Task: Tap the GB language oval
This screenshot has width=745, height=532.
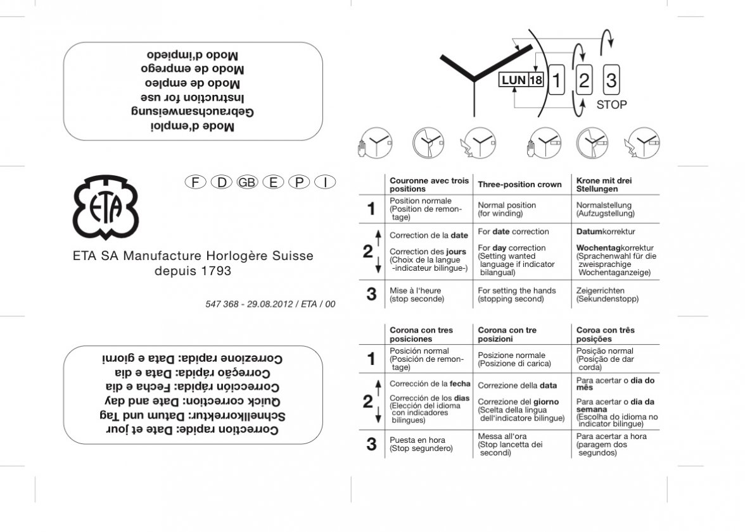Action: pos(246,182)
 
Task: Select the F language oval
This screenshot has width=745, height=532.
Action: pos(196,182)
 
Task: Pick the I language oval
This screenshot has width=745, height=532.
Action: pos(325,182)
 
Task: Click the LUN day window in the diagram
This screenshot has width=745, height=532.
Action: pos(513,80)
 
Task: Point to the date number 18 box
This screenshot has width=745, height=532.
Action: pos(536,80)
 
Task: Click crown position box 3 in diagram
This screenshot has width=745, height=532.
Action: pos(611,80)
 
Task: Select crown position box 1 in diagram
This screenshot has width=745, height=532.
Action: pos(556,80)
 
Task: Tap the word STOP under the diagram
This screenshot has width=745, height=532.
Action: pos(611,105)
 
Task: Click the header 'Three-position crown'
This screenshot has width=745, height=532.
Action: pos(519,185)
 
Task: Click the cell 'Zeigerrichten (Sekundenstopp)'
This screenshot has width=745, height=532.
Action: pos(608,295)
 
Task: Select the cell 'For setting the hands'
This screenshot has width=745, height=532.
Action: pos(516,295)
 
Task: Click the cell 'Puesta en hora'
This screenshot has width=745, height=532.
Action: pos(417,444)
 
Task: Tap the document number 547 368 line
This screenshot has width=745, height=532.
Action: pos(271,304)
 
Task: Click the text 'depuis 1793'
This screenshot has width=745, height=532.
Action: pos(193,271)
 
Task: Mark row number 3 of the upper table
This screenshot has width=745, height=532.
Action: pos(371,294)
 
